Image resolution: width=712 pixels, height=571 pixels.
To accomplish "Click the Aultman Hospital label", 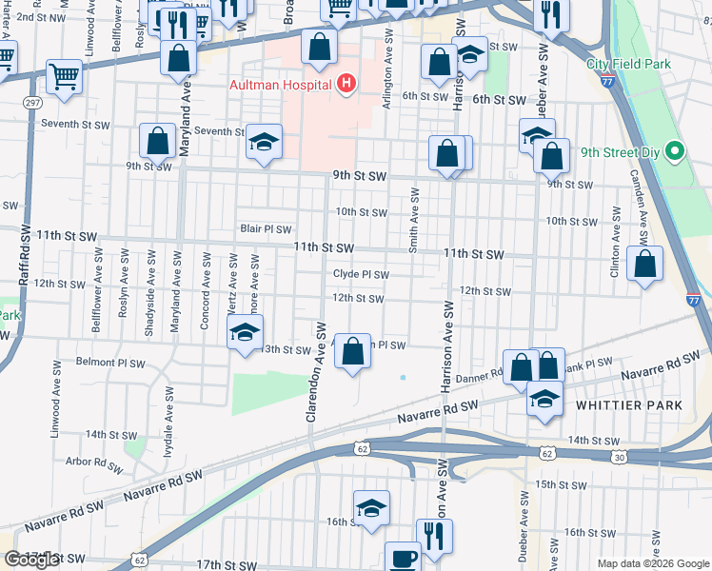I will click(x=280, y=85).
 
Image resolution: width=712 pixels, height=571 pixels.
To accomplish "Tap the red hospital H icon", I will click(x=346, y=85).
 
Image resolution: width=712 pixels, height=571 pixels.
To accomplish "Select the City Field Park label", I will click(x=628, y=65).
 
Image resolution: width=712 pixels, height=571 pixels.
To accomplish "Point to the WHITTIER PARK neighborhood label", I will click(x=629, y=405).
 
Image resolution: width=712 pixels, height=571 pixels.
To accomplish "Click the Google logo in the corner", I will click(x=32, y=560).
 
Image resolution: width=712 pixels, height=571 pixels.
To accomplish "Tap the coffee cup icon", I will click(x=402, y=558).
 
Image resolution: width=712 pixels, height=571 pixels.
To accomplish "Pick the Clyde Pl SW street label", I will click(x=361, y=274).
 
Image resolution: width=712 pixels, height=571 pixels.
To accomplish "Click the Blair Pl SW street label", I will click(x=266, y=229).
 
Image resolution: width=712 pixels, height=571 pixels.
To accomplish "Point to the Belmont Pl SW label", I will click(x=110, y=363).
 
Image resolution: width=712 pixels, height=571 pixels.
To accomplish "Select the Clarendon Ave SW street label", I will click(x=310, y=371).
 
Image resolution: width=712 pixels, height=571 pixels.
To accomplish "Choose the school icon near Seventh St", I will click(x=263, y=142).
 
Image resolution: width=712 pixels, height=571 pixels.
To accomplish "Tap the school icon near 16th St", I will click(x=371, y=508).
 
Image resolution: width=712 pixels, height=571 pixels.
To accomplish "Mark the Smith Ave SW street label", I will click(x=414, y=220).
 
